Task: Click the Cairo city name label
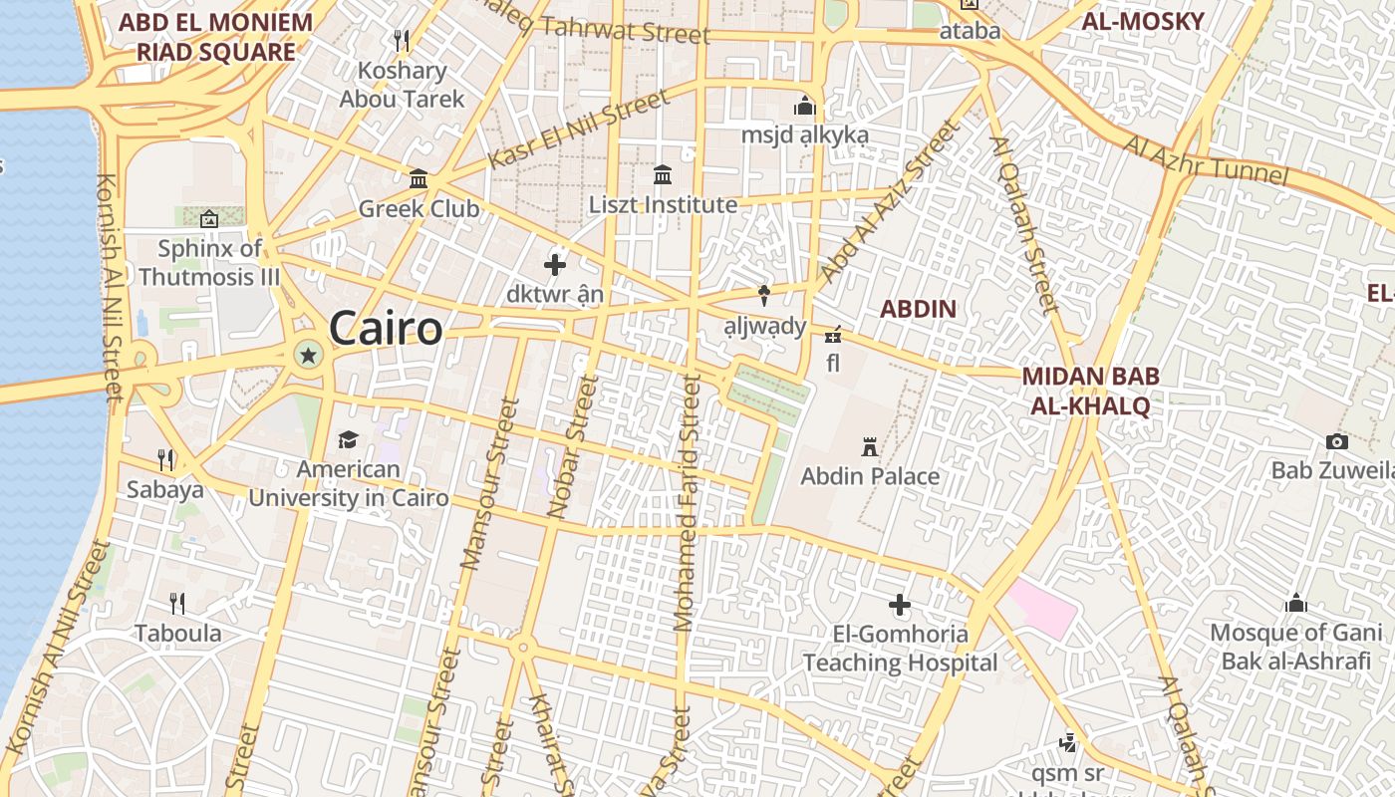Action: tap(386, 328)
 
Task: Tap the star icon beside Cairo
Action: tap(309, 354)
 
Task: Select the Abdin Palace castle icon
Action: tap(870, 446)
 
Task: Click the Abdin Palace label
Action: tap(870, 476)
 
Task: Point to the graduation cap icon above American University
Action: tap(348, 439)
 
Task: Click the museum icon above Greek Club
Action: tap(418, 179)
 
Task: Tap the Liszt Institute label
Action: tap(663, 205)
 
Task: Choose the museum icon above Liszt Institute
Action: tap(663, 176)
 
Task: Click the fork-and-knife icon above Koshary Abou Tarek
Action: tap(402, 41)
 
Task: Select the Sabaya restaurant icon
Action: tap(165, 459)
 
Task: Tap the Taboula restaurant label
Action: tap(178, 633)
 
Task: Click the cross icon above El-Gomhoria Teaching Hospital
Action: tap(900, 605)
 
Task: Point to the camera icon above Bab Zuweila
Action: tap(1337, 441)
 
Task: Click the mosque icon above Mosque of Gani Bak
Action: tap(1296, 603)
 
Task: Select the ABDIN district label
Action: tap(918, 309)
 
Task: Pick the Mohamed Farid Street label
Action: tap(687, 503)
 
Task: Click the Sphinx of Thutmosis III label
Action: tap(209, 262)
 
